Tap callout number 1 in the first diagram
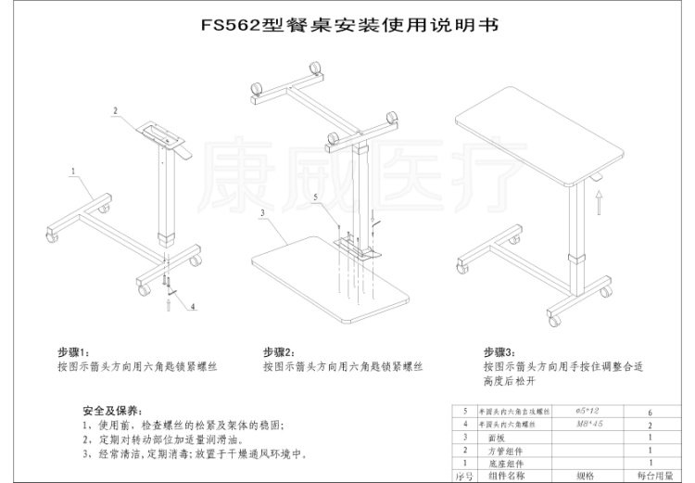click(x=72, y=172)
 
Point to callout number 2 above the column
click(x=116, y=110)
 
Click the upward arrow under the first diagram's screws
click(x=168, y=300)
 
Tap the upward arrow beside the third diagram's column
click(x=600, y=196)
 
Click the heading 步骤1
click(x=72, y=352)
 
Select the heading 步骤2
click(x=278, y=352)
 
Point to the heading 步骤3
click(x=499, y=352)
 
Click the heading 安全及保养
click(x=109, y=411)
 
